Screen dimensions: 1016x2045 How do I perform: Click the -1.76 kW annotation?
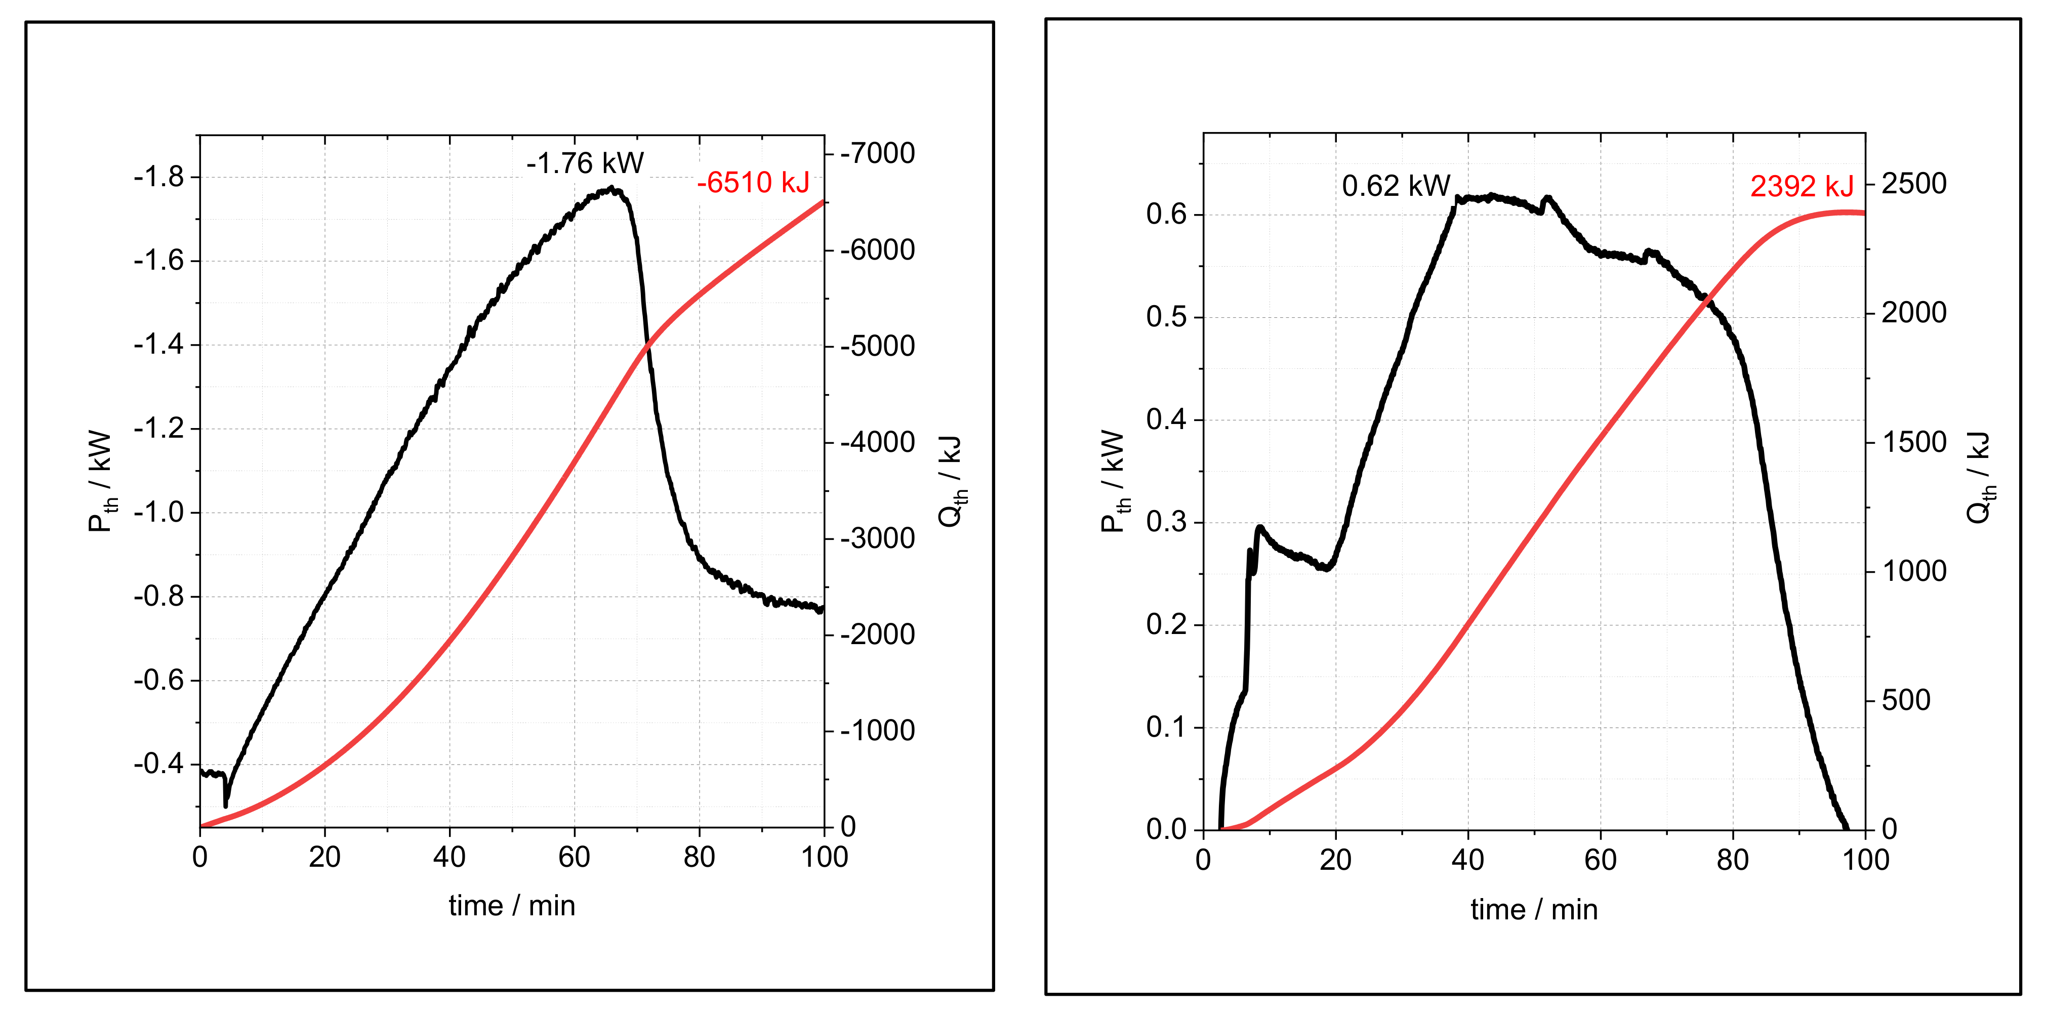(585, 163)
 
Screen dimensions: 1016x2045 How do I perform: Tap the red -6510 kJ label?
(753, 183)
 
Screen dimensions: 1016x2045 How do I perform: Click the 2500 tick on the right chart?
(1913, 183)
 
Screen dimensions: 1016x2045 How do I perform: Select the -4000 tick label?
(878, 442)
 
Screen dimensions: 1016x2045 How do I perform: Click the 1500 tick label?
(1913, 442)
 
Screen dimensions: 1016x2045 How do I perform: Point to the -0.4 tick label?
(159, 764)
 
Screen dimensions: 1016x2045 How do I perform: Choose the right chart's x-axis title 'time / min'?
(1534, 910)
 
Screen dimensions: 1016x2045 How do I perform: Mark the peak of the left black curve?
(611, 189)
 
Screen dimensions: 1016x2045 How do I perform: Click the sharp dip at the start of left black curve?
(226, 803)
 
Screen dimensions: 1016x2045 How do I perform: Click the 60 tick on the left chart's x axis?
(574, 857)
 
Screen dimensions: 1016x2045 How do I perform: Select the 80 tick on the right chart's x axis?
(1732, 860)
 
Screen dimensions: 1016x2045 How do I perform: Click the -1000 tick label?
(878, 730)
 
